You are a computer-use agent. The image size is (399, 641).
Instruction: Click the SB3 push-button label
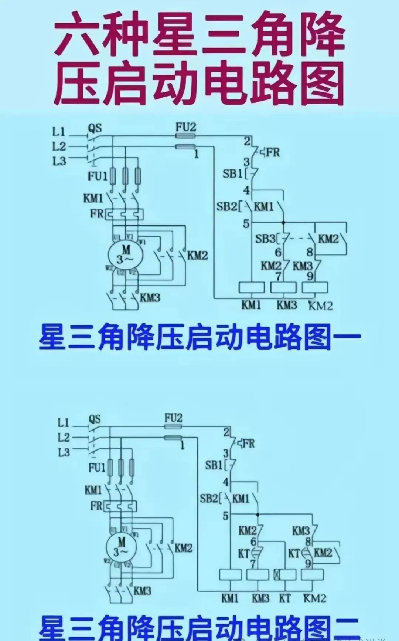(x=265, y=239)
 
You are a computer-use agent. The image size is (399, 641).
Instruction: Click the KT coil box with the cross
(x=284, y=574)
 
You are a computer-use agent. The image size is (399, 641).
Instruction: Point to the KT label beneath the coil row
(x=284, y=598)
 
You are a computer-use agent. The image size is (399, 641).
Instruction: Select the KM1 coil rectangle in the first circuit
(x=252, y=287)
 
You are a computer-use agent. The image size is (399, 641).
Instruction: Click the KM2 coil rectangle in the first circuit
(x=315, y=287)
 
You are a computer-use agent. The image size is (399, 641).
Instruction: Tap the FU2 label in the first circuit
(x=185, y=127)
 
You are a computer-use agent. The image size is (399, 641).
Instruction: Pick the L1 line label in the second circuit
(x=63, y=422)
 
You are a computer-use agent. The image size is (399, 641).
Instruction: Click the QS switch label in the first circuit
(x=95, y=128)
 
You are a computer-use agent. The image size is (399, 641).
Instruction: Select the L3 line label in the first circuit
(x=59, y=161)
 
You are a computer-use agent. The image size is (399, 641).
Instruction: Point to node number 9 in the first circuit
(x=310, y=276)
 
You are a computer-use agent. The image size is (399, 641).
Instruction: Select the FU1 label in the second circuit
(x=97, y=468)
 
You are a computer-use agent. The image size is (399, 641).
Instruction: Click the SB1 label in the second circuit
(x=214, y=465)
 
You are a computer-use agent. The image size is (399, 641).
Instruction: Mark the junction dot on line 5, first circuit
(x=283, y=223)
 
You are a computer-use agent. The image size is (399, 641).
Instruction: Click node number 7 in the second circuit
(x=253, y=564)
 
